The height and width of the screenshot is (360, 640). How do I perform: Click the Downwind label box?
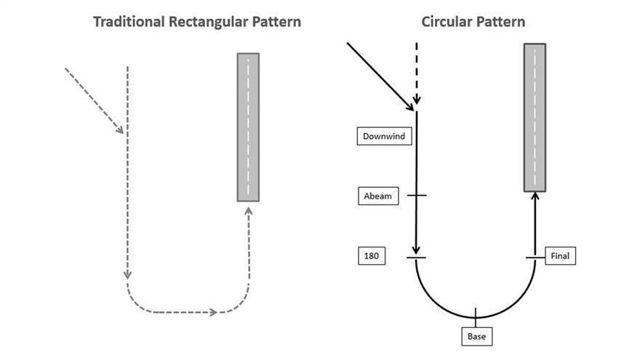point(384,136)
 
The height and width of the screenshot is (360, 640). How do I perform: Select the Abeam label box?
point(378,196)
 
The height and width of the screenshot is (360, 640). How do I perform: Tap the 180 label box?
point(372,256)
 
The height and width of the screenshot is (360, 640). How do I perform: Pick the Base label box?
point(477,336)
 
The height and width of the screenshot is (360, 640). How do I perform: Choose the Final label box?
point(560,256)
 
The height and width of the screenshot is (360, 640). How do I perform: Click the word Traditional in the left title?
point(129,22)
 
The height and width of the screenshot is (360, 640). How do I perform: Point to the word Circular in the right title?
point(446,22)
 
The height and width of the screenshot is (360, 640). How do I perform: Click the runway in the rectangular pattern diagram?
point(248,127)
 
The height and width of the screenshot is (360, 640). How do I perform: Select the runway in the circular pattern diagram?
point(535,118)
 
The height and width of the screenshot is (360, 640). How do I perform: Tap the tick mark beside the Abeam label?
point(417,196)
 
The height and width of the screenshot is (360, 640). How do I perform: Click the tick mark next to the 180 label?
point(416,257)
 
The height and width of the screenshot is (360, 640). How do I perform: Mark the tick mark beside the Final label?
point(535,257)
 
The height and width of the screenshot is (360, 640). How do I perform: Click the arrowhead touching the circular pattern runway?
point(535,196)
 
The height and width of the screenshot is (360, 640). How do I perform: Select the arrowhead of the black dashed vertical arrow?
point(416,100)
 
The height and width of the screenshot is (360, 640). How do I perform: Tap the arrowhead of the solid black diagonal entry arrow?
point(409,107)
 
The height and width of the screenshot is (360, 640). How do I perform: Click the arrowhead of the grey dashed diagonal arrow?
point(119,129)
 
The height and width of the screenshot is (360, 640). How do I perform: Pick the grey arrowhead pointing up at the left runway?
point(249,211)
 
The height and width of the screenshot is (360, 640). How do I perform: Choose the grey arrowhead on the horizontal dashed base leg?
point(213,312)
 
